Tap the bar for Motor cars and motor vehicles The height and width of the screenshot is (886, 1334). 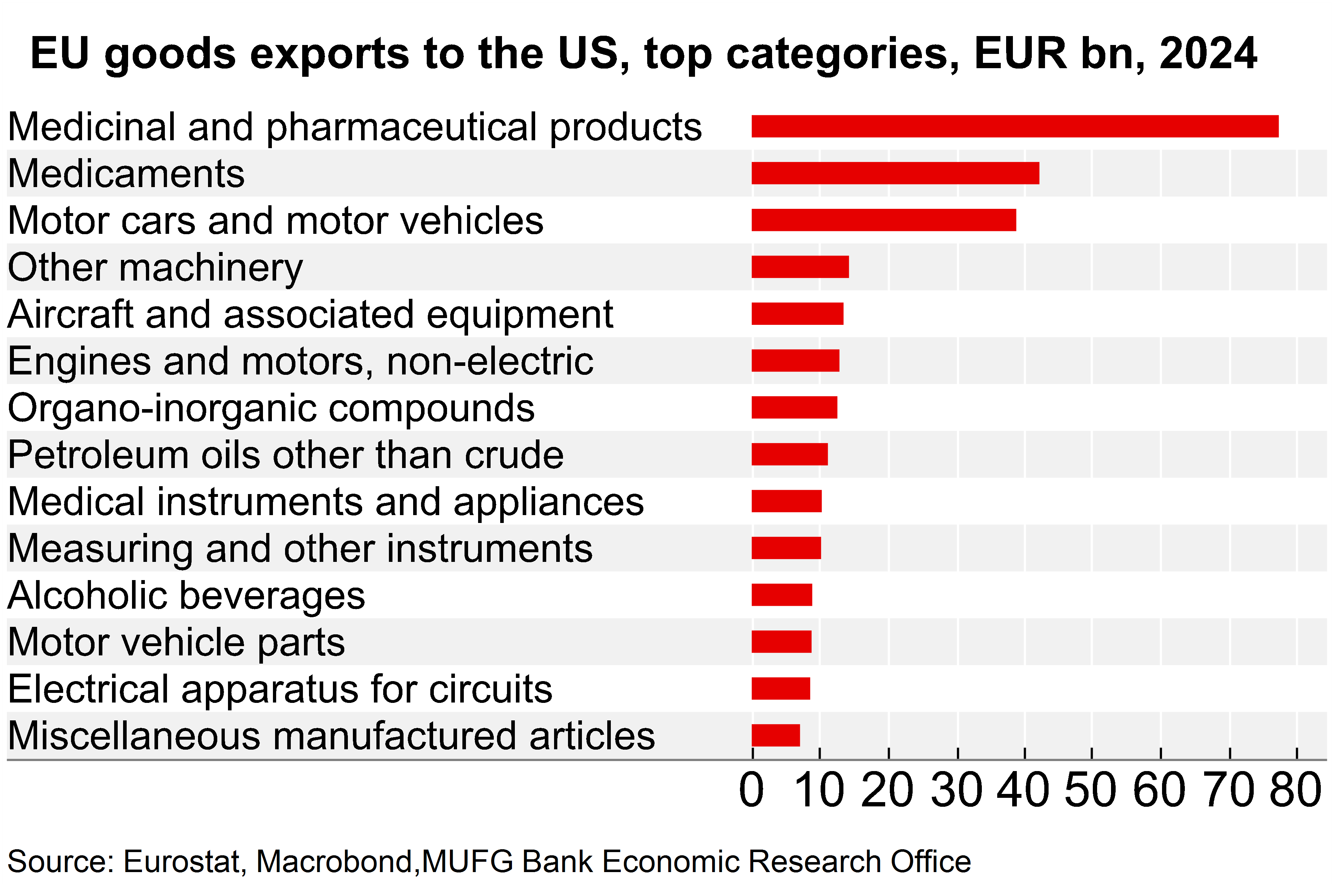(883, 220)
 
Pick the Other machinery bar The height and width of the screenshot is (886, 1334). (800, 267)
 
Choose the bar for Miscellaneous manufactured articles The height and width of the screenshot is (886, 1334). (775, 735)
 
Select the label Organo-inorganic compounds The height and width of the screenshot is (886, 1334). (271, 408)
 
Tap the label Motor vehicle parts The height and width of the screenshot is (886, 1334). (176, 643)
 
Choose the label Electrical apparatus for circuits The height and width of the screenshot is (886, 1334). (280, 689)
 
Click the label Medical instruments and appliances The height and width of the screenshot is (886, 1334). (326, 502)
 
